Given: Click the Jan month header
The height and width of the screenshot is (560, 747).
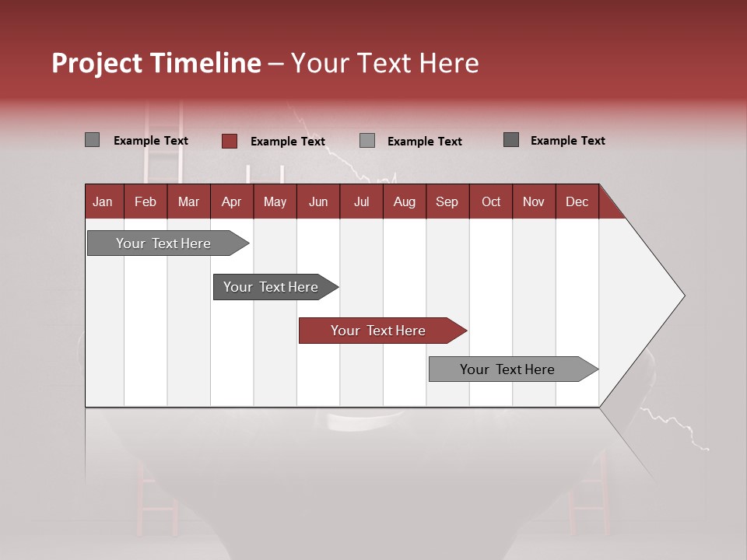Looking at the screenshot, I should click(103, 201).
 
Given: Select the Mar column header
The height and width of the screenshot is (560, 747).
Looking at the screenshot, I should click(188, 201).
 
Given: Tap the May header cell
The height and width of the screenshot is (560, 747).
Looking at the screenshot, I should click(275, 201).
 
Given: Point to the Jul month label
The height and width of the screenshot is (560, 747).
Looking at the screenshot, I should click(361, 201).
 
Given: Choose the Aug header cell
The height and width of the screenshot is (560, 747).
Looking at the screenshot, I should click(404, 201).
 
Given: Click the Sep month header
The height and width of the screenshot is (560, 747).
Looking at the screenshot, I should click(447, 201).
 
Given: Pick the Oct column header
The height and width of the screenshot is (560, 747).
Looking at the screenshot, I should click(491, 201).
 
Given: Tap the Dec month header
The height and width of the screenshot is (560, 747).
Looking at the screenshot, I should click(577, 201).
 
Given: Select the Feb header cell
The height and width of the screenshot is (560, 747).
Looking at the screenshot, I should click(146, 201).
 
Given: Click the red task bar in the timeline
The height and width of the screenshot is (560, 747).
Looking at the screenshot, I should click(379, 331).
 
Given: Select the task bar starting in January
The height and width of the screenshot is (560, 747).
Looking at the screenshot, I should click(164, 243).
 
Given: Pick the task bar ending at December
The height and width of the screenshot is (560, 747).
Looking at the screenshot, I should click(508, 369).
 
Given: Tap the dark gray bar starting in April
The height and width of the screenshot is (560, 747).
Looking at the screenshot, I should click(272, 287).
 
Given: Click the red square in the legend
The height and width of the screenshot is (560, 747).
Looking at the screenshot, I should click(230, 141).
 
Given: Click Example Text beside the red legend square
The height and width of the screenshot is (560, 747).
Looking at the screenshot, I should click(287, 142).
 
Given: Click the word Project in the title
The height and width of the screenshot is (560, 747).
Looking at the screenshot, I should click(96, 63).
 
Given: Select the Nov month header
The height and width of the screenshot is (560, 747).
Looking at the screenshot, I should click(534, 201).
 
